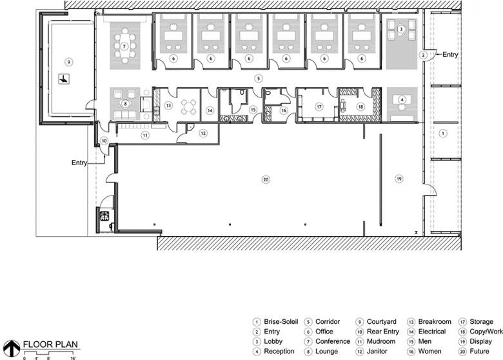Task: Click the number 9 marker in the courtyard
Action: point(68,61)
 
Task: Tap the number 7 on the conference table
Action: point(124,46)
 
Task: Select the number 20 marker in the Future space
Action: point(266,179)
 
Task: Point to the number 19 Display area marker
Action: point(399,179)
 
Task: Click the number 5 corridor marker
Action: point(258,78)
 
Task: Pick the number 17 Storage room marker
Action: point(319,106)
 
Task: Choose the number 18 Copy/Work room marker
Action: point(360,106)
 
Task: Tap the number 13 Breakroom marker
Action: point(168,105)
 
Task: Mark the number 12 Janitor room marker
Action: point(203,133)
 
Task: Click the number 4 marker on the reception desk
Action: point(402,99)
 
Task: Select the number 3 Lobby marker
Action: point(401,29)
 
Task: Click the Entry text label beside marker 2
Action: point(450,55)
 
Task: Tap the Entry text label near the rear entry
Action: point(79,163)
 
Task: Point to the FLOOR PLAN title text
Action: point(50,345)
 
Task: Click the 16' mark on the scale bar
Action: point(73,358)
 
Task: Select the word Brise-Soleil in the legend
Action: point(281,321)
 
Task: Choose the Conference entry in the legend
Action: point(333,341)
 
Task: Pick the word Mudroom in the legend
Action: point(381,341)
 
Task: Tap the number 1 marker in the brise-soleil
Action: point(443,133)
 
